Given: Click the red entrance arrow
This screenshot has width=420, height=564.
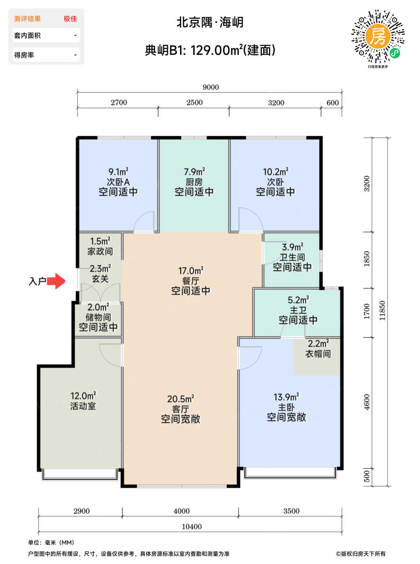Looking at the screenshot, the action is pos(56,281).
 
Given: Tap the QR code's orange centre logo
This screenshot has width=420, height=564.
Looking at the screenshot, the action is pos(378,37).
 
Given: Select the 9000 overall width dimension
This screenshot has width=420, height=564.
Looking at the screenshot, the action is pos(211,87).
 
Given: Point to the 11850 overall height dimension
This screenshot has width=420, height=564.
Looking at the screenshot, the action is pos(382,311).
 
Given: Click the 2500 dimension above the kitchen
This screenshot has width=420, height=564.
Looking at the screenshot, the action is pos(194,102).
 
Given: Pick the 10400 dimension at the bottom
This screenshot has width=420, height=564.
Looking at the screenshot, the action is pos(192,527).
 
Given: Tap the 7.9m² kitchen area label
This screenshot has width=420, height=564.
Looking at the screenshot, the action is pos(194,172).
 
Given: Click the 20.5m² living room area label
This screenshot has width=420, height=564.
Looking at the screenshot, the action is pos(181,399).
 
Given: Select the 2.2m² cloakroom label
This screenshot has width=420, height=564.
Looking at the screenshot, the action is pos(318,344).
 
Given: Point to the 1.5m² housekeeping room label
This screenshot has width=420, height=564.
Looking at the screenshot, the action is pos(100,241).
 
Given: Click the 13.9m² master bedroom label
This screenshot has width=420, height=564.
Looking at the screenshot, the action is pos(286,397).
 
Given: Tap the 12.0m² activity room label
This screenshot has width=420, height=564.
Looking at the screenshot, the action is pos(83,396).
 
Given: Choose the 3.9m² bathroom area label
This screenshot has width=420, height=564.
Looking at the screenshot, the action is pos(293,247).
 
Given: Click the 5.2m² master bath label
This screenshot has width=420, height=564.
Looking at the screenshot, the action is pos(298,300).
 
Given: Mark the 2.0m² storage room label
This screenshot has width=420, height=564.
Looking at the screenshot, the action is pos(98,307).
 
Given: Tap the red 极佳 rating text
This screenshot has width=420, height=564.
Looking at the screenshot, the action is pos(70,19).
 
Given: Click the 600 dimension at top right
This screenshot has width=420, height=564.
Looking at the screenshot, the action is pos(332,103).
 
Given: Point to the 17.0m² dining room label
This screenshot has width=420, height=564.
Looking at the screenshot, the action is pos(191,271).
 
